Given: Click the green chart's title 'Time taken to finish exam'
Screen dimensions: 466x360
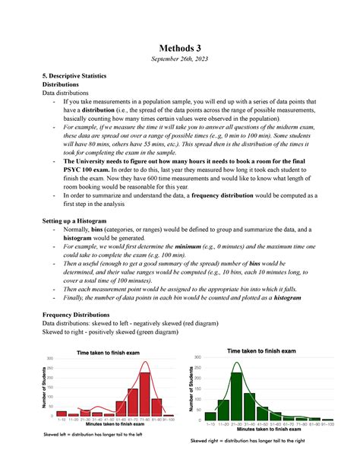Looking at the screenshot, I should [263, 350].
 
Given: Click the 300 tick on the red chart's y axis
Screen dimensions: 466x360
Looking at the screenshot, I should [51, 359].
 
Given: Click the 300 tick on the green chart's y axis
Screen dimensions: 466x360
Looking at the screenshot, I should [197, 357].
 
